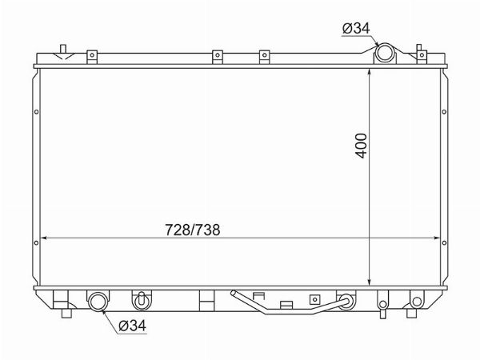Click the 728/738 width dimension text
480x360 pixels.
pos(193,230)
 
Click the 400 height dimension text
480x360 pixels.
pos(362,146)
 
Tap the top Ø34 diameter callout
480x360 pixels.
pos(356,29)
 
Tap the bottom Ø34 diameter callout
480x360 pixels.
pos(132,326)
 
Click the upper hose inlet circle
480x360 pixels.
pos(385,53)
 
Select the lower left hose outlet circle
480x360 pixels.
pos(98,302)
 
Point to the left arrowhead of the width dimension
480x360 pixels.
pos(44,238)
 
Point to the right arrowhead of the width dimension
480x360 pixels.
pos(437,238)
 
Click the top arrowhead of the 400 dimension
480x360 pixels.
pos(370,72)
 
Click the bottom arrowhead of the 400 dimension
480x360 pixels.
pos(370,282)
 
